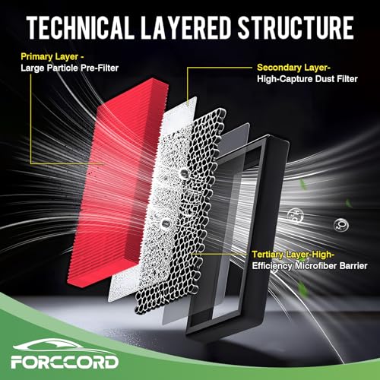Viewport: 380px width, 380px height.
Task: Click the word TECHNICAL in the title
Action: [81, 27]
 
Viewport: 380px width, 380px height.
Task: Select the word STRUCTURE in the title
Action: [296, 27]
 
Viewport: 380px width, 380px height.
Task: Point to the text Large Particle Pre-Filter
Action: [70, 68]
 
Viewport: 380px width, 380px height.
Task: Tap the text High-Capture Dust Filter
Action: [307, 79]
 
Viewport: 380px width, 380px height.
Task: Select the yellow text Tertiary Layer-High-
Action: [293, 255]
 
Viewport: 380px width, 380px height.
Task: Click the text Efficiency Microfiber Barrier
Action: [309, 266]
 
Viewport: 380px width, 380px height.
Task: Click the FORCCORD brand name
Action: [65, 362]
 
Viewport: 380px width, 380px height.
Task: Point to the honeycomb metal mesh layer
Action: [182, 211]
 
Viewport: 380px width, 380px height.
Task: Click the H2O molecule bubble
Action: [296, 215]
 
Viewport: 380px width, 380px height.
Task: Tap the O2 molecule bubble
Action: [341, 225]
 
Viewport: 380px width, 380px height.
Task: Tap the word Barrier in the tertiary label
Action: [353, 266]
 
